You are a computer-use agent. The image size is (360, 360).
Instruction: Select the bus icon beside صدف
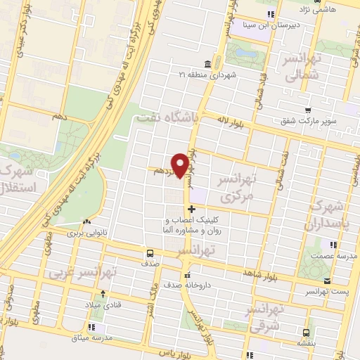150,254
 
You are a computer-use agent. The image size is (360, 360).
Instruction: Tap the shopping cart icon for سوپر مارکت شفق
308,110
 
